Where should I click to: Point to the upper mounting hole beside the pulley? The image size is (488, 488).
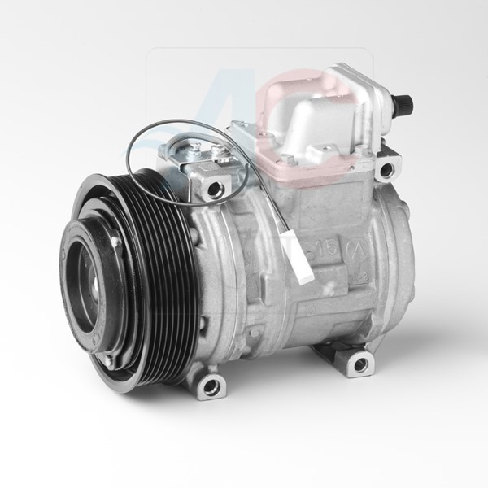tap(216, 189)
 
